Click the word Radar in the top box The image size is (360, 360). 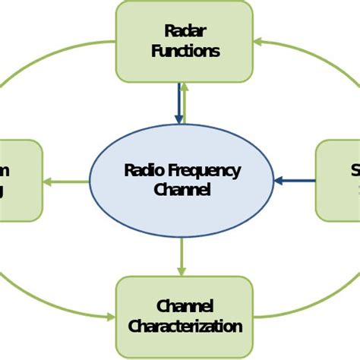point(185,30)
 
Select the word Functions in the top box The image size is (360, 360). point(185,51)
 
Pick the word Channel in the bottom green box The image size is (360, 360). point(185,306)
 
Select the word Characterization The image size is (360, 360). point(185,327)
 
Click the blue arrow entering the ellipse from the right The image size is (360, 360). point(295,181)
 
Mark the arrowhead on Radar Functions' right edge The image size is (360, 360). point(258,42)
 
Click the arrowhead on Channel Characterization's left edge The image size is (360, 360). point(111,316)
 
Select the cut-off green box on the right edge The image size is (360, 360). point(339,180)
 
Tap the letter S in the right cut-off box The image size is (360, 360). point(355,169)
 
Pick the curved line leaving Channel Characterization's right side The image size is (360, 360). point(304,304)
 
